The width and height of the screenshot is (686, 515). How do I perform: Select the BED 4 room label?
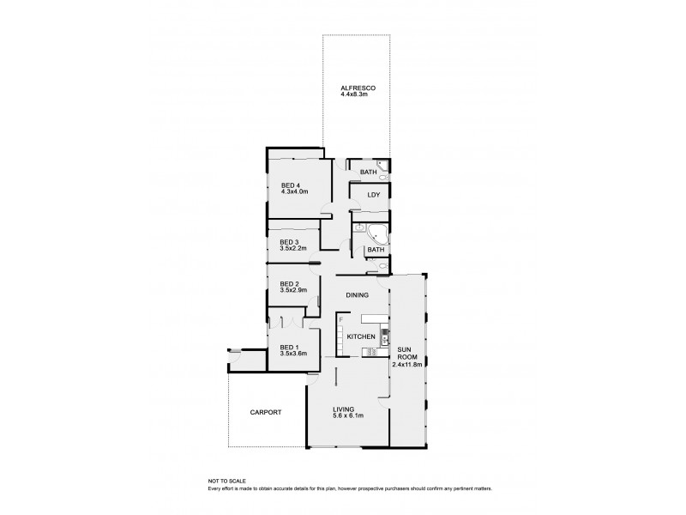click(x=291, y=185)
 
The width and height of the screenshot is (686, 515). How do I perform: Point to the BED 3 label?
click(x=290, y=243)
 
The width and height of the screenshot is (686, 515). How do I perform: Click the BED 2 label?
click(x=290, y=283)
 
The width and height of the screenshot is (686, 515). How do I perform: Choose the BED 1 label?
click(x=290, y=347)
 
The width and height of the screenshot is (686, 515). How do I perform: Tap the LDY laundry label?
click(x=373, y=195)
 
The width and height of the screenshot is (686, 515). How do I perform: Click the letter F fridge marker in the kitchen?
click(x=341, y=320)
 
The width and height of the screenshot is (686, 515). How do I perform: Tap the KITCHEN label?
click(x=360, y=336)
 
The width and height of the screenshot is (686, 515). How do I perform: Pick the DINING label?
click(x=358, y=295)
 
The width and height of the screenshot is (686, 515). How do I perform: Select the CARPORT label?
click(x=265, y=412)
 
